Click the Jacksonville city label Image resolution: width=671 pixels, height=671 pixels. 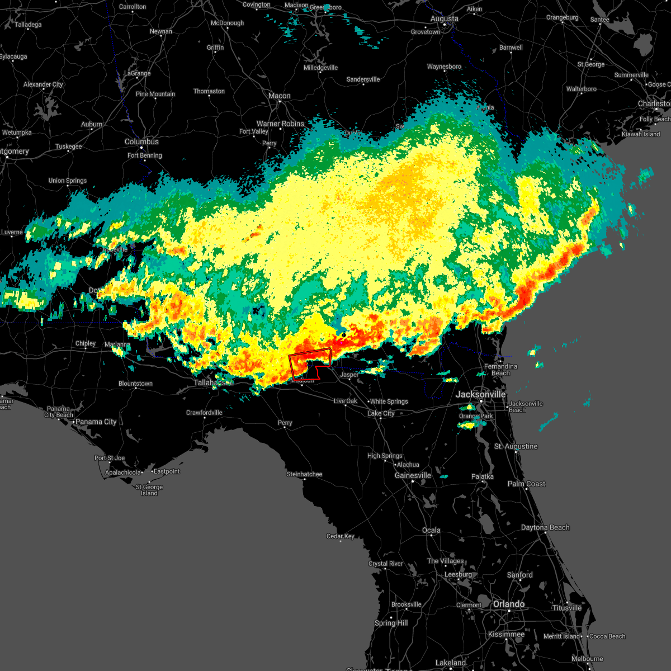(480, 394)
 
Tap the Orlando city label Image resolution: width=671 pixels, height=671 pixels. (508, 604)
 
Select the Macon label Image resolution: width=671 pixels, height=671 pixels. (279, 96)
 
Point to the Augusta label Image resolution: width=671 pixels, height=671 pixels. (444, 18)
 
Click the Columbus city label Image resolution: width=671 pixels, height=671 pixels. (141, 141)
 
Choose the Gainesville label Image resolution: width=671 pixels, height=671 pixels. (413, 475)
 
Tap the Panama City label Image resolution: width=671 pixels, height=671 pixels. (96, 422)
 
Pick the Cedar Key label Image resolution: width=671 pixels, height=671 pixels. (340, 536)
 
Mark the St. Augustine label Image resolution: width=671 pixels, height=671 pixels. (516, 446)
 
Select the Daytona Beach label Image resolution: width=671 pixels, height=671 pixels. (545, 527)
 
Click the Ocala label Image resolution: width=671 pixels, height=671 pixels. (431, 530)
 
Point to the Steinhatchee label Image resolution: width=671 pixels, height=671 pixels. (304, 474)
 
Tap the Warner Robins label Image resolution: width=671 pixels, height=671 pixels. (280, 124)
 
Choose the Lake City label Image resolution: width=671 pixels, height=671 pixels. (381, 413)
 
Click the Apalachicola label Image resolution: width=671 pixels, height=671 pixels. (123, 472)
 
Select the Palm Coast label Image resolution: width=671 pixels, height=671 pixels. (526, 484)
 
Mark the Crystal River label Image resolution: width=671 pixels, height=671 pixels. (385, 564)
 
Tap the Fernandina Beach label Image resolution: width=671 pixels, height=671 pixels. (500, 370)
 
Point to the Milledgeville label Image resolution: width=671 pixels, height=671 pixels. (320, 68)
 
